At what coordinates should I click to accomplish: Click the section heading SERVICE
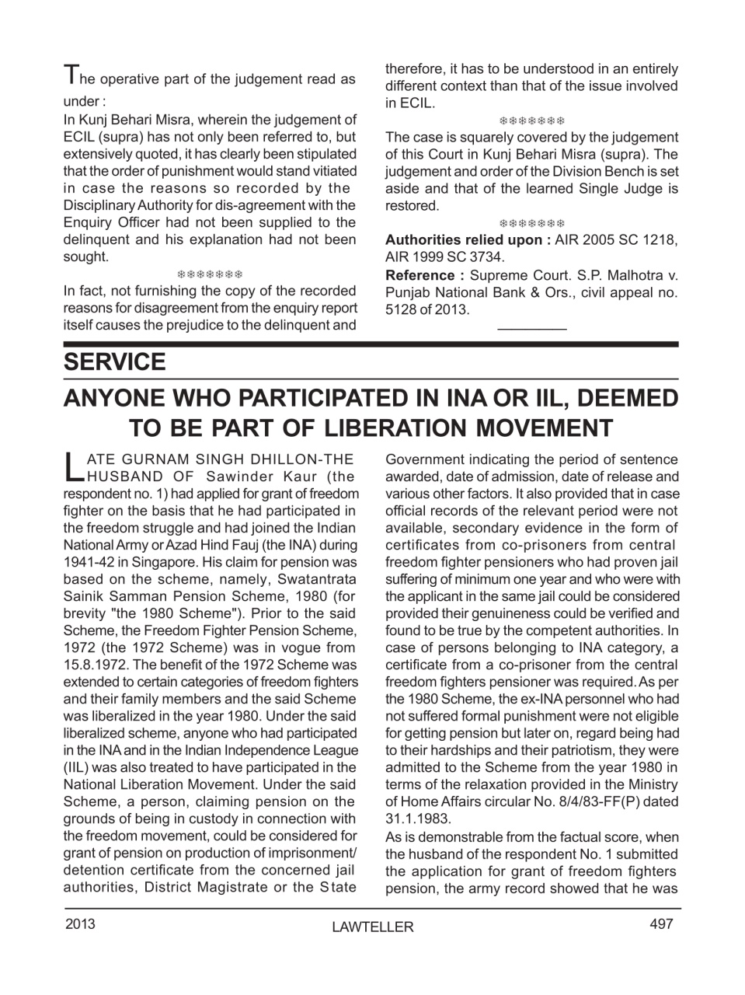click(114, 362)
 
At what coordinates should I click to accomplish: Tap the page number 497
click(661, 923)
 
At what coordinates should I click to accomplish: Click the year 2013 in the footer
click(81, 923)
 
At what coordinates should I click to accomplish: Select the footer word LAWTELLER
click(372, 927)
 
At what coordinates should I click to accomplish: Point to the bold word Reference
click(419, 275)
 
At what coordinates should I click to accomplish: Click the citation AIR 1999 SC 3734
click(444, 257)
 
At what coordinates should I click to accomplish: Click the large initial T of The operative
click(70, 75)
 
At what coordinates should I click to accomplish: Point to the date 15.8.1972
click(96, 665)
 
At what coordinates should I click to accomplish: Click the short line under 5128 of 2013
click(531, 329)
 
